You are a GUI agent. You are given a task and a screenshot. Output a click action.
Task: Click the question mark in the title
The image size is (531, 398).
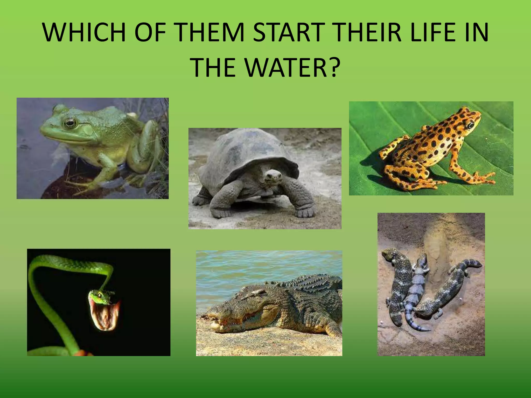click(333, 68)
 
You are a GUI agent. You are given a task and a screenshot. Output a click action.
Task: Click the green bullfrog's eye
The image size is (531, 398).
click(70, 123)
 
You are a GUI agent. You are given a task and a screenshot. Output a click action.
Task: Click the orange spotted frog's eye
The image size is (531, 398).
click(470, 125)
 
